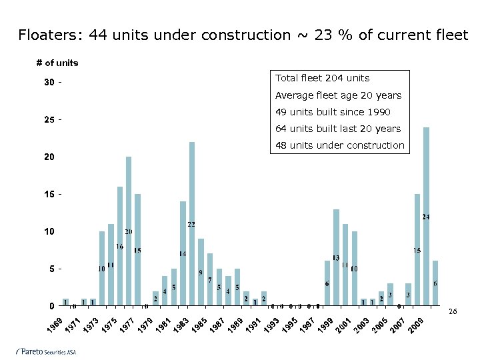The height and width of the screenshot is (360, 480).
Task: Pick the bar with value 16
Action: coord(120,246)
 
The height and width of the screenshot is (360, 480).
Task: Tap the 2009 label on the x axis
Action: coord(416,326)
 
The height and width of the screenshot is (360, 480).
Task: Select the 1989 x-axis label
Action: coord(235,326)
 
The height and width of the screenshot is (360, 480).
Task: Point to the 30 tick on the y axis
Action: coord(49,83)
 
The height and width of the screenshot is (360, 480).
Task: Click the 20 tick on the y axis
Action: coord(49,157)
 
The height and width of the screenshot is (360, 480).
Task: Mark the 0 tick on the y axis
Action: coord(51,306)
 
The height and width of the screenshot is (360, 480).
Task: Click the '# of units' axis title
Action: coord(57,63)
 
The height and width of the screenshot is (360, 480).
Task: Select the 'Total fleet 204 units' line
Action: coord(322,79)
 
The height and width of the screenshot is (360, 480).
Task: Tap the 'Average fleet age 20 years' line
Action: coord(338,95)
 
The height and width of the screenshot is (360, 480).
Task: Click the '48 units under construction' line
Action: coord(339,145)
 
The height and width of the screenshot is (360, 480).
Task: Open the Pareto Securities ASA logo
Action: coord(46,351)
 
